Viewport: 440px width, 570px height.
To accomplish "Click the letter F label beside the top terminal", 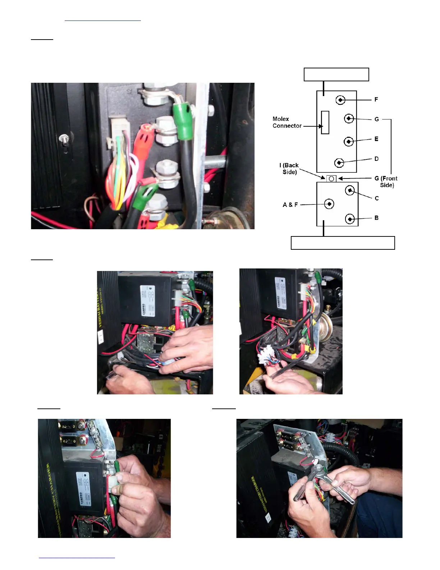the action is click(x=376, y=99).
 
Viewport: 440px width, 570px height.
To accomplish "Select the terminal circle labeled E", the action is click(x=348, y=142).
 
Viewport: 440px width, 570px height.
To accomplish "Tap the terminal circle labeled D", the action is click(x=339, y=163).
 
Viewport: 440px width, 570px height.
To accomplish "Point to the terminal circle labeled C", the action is click(x=350, y=191).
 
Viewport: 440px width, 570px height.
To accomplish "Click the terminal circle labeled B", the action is click(x=350, y=219).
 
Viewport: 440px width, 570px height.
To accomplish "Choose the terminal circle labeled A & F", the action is click(x=329, y=204).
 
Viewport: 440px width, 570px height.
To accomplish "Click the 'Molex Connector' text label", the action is click(x=287, y=122).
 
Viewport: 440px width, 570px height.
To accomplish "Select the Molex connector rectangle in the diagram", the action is click(x=325, y=122).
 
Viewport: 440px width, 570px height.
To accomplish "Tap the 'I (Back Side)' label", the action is click(x=289, y=169).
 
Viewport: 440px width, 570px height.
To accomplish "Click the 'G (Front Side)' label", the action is click(x=386, y=181).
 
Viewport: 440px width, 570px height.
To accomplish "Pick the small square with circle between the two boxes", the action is click(x=331, y=178).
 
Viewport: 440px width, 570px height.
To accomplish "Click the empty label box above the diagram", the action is click(x=336, y=74).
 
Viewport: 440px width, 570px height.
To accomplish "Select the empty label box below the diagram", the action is click(x=343, y=243).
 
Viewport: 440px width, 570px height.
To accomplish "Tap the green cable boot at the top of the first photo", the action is click(x=181, y=113).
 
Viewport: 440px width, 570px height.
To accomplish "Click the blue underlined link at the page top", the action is click(x=103, y=20).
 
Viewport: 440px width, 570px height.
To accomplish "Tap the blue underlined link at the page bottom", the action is click(x=77, y=558).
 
